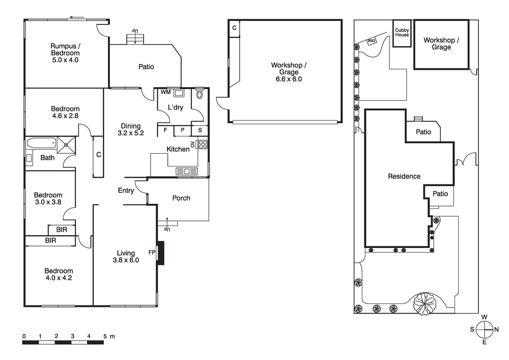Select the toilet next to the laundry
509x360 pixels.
pos(199,95)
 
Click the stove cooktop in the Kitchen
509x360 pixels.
pos(202,144)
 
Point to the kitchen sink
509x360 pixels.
pos(187,172)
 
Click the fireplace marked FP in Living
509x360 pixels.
pos(161,253)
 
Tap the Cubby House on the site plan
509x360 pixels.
pos(402,33)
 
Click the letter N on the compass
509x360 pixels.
pos(497,329)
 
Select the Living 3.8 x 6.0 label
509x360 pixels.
pos(126,256)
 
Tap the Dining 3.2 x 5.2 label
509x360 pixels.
pos(131,130)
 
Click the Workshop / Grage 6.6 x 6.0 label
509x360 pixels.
pos(289,72)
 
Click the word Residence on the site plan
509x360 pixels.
pos(404,177)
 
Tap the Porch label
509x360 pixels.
pos(181,198)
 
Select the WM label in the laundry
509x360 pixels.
pos(165,93)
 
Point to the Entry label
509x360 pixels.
pos(126,191)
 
